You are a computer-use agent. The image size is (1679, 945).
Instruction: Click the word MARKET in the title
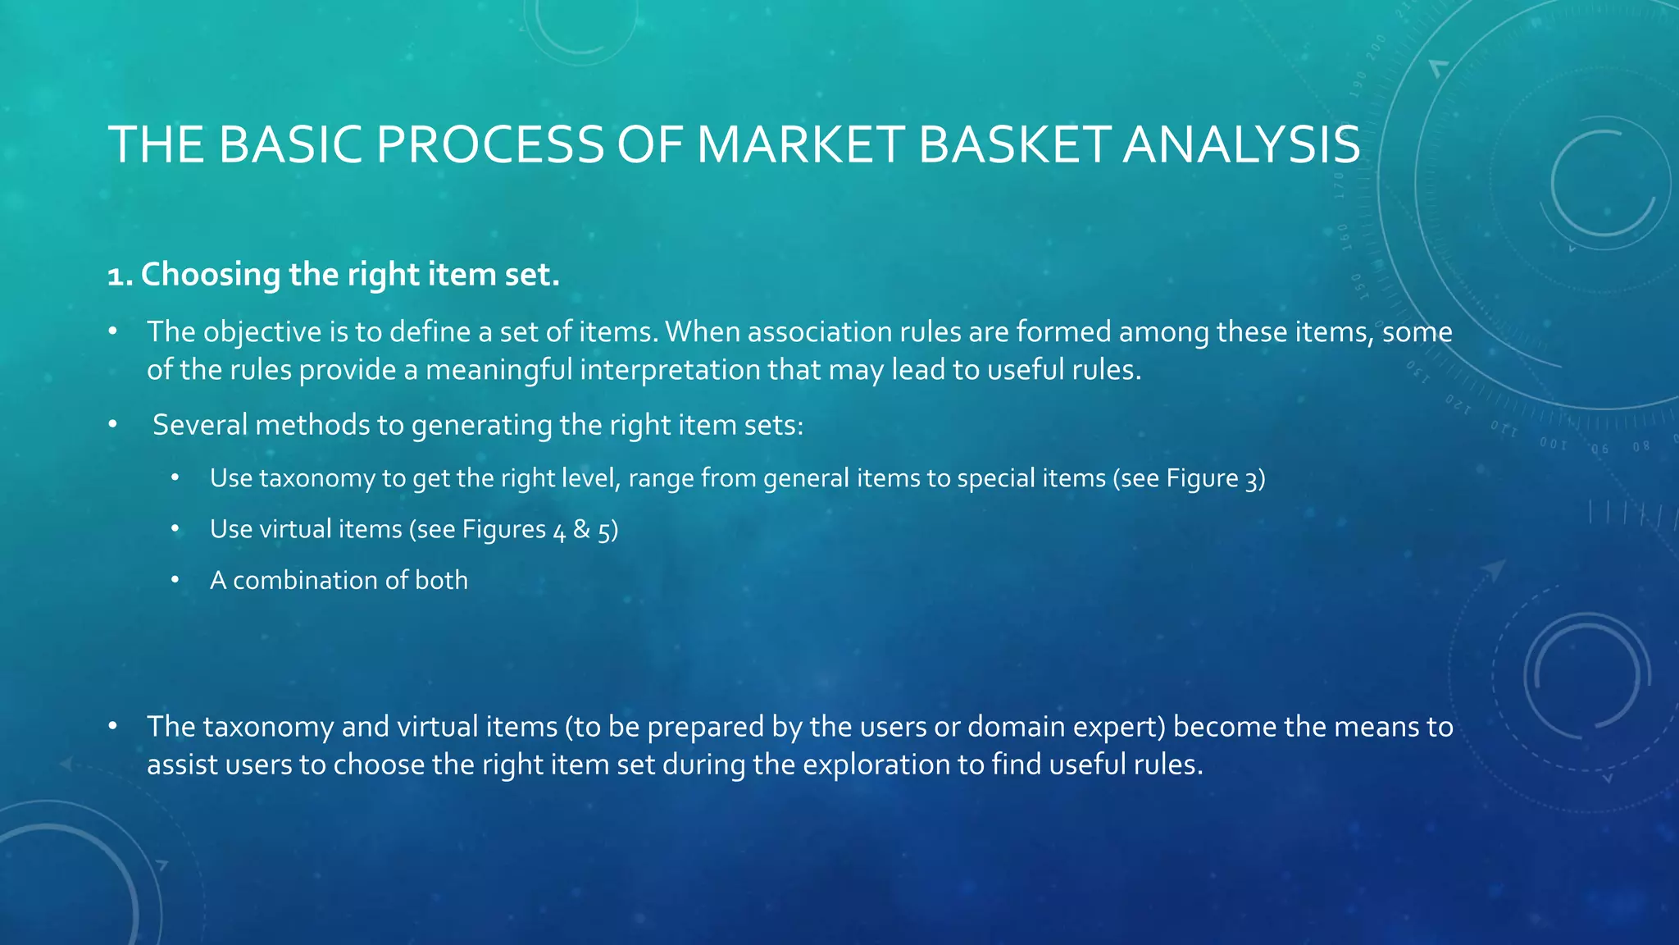point(800,145)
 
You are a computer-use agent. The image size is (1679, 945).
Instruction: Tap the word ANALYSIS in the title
point(1241,145)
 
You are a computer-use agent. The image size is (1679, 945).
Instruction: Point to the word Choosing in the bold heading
point(211,276)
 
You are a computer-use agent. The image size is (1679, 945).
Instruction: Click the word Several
point(199,425)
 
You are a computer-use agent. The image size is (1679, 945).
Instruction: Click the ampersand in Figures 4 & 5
point(581,529)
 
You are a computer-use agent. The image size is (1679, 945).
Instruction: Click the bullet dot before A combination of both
point(175,580)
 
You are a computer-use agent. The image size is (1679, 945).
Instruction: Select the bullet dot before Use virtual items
point(175,529)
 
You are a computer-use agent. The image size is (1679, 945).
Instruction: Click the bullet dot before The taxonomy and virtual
point(113,727)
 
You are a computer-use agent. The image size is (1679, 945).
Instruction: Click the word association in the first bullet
point(819,332)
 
